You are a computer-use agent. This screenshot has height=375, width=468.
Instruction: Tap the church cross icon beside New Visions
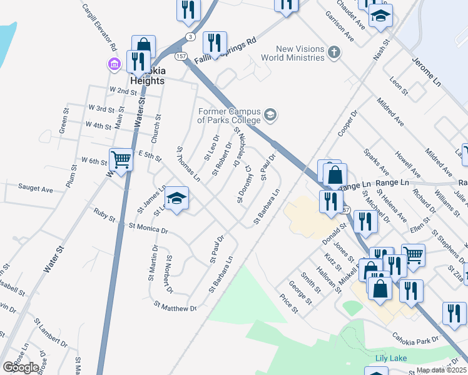pos(334,52)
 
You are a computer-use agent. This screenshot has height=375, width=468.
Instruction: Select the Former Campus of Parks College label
pos(229,116)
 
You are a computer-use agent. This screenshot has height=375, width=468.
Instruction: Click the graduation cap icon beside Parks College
pos(271,114)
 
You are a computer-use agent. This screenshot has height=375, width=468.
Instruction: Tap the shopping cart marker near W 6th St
pos(121,161)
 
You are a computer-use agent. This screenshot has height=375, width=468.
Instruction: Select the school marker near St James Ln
pos(177,199)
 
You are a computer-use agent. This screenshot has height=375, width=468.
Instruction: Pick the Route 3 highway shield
pos(190,37)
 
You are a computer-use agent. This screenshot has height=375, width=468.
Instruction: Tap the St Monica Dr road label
pos(148,229)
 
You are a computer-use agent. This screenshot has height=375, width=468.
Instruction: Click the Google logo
pos(21,367)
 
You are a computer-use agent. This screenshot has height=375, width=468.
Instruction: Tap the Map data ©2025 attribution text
pos(441,370)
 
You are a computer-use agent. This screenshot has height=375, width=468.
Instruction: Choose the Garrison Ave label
pos(340,29)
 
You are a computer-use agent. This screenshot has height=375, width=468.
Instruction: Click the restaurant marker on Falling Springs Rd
pos(215,43)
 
